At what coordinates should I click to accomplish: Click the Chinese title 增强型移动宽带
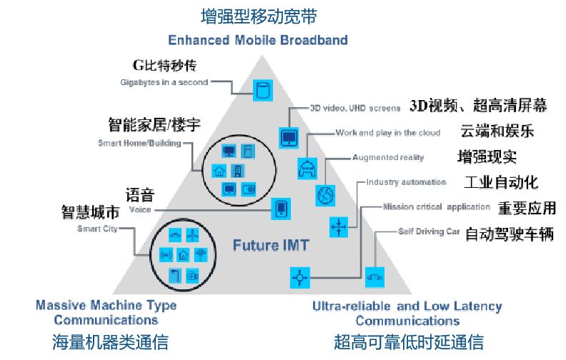coord(258,16)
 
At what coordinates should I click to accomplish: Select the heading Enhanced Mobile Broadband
coord(258,40)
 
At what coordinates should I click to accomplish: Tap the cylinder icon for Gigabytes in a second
coord(264,91)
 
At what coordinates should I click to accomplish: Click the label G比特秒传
coord(164,66)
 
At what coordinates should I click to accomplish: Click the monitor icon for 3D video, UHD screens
coord(289,136)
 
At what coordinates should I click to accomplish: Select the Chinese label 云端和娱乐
coord(497,131)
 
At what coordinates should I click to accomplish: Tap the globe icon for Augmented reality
coord(325,194)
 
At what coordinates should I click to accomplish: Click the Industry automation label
coord(406,182)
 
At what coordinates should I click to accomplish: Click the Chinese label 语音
coord(140,195)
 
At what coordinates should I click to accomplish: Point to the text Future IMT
coord(271,246)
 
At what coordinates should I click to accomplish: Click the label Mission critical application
coord(436,207)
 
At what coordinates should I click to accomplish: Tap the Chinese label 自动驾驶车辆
coord(510,234)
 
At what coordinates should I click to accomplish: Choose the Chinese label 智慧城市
coord(90,212)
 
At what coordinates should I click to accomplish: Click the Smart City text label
coord(97,229)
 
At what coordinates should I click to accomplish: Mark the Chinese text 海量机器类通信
coord(110,342)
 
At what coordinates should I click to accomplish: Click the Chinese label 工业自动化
coord(501,181)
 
